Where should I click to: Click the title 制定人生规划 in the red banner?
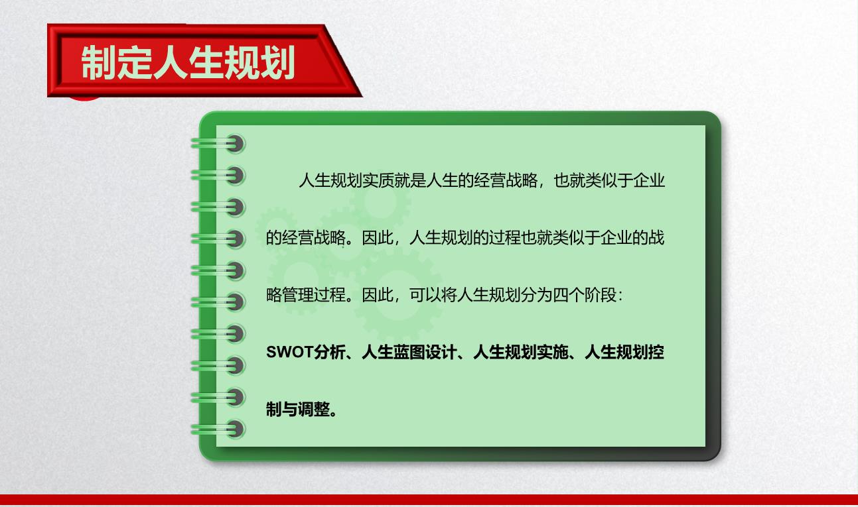pyautogui.click(x=188, y=62)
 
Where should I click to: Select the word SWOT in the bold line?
pyautogui.click(x=289, y=352)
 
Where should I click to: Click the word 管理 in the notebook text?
pyautogui.click(x=298, y=295)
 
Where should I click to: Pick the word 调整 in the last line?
pyautogui.click(x=314, y=410)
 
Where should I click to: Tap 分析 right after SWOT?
pyautogui.click(x=329, y=352)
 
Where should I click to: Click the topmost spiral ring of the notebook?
pyautogui.click(x=219, y=144)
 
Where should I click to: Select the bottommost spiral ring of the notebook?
pyautogui.click(x=219, y=429)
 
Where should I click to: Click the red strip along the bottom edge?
pyautogui.click(x=429, y=500)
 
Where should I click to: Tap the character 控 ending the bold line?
pyautogui.click(x=656, y=352)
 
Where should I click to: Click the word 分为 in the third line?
pyautogui.click(x=537, y=295)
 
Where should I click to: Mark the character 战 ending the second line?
pyautogui.click(x=656, y=237)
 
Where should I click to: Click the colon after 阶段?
pyautogui.click(x=620, y=296)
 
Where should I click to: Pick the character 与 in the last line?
pyautogui.click(x=290, y=410)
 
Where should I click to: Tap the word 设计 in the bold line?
pyautogui.click(x=441, y=352)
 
